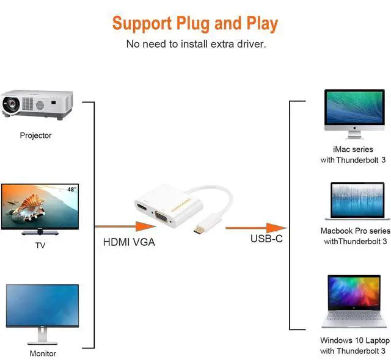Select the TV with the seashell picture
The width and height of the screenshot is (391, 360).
click(x=40, y=208)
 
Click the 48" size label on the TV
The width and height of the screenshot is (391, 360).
click(x=72, y=190)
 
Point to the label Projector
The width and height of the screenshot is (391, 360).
click(x=35, y=135)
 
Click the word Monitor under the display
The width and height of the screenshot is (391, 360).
click(x=43, y=353)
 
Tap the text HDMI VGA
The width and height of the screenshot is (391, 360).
click(x=129, y=242)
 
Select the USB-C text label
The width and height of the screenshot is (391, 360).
click(x=266, y=239)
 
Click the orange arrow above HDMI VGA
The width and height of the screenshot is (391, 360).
click(x=122, y=226)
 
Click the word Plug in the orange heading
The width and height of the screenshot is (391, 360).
click(x=181, y=24)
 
